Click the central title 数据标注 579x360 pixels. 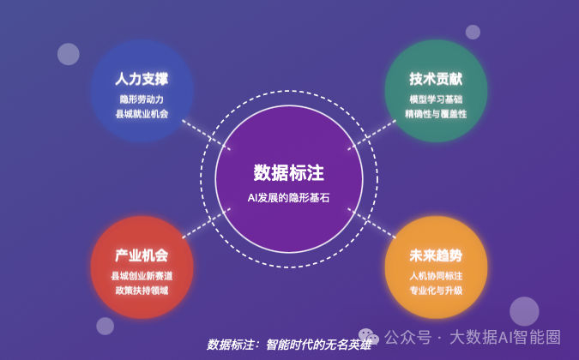[289, 172]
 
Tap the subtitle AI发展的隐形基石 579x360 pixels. [288, 198]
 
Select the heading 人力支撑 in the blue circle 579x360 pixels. [142, 79]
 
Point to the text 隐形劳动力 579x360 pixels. [142, 99]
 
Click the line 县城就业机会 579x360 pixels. [142, 114]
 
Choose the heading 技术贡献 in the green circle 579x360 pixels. [436, 79]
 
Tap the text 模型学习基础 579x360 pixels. [436, 99]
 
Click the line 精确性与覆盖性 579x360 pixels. [436, 114]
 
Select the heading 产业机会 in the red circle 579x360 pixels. [142, 255]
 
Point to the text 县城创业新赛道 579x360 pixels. [142, 276]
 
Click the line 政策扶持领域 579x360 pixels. [142, 291]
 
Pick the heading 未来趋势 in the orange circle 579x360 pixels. [436, 255]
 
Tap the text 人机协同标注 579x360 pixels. [436, 276]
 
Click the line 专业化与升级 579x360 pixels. [436, 291]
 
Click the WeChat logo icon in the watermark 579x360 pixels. [369, 336]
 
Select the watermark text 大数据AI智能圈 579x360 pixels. [505, 337]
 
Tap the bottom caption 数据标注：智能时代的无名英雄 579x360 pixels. [289, 345]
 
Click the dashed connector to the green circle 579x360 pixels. [371, 135]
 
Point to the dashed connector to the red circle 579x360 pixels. [207, 223]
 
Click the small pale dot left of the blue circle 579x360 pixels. [69, 54]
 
